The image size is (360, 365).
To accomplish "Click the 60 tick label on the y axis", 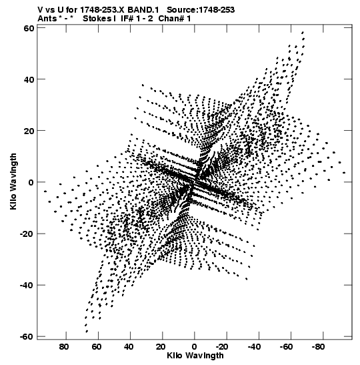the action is [29, 28].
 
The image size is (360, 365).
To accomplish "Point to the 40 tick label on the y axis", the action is [29, 79].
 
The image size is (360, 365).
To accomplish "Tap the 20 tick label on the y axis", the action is [29, 131].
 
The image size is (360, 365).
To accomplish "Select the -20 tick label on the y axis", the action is [27, 234].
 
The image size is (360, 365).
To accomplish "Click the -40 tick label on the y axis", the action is [27, 285].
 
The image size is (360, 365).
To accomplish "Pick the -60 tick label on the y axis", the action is [27, 336].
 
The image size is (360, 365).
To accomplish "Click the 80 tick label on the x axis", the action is [64, 346].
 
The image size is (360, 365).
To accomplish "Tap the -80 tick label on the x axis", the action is [319, 346].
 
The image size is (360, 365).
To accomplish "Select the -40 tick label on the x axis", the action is [254, 346].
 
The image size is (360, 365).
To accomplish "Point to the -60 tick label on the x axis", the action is [287, 346].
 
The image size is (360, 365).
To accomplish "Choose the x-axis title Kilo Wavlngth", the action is [195, 356].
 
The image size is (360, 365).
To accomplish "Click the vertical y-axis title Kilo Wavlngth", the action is [13, 181].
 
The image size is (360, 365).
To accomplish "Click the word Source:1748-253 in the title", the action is [201, 10].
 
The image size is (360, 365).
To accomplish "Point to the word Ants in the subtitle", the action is [47, 19].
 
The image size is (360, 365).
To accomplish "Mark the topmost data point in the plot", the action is [303, 32].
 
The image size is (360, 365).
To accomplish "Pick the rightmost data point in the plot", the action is [344, 172].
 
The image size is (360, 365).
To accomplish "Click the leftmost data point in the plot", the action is [45, 192].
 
